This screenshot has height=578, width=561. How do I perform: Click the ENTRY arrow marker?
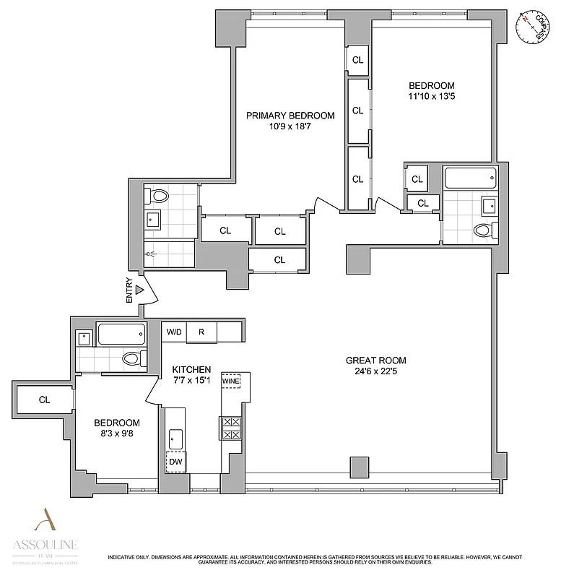(x=142, y=290)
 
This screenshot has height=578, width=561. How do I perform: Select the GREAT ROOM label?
(x=375, y=361)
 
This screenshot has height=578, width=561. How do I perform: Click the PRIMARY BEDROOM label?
(x=290, y=116)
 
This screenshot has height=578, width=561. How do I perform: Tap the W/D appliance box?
(x=174, y=332)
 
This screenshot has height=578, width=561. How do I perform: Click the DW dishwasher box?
(x=175, y=461)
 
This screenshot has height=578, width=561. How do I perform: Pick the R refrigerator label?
(x=202, y=332)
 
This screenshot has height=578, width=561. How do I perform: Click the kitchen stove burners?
(x=230, y=428)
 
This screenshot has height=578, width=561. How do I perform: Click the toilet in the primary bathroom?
(x=159, y=195)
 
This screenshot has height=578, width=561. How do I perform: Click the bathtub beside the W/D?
(x=121, y=334)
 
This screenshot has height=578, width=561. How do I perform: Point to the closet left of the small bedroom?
(x=44, y=399)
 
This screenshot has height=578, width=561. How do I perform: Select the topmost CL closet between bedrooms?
(x=357, y=61)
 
